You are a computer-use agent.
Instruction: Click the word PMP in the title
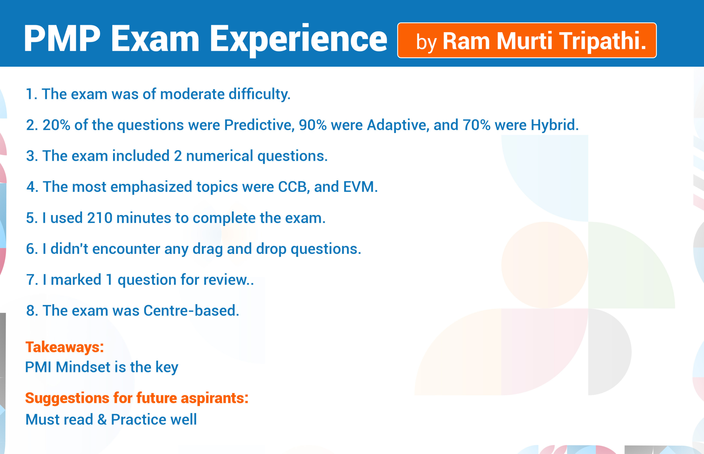click(62, 38)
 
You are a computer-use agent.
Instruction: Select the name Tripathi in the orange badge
click(603, 41)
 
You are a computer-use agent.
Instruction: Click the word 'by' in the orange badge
click(426, 43)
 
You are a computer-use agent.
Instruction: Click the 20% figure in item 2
click(56, 125)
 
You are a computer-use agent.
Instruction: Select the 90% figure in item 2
click(313, 125)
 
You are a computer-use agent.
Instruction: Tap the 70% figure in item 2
click(476, 125)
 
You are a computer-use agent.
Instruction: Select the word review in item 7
click(228, 280)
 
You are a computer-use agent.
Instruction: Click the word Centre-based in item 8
click(191, 311)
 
